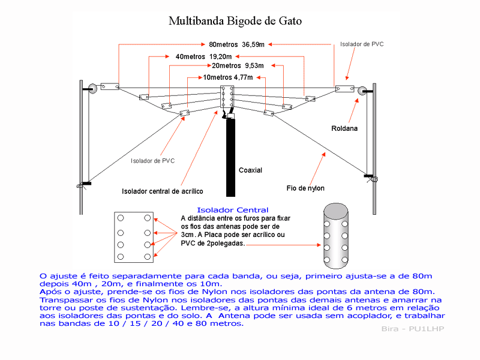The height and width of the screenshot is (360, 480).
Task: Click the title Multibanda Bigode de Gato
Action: (x=235, y=21)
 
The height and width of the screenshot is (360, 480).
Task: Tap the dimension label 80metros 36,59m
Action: (x=236, y=44)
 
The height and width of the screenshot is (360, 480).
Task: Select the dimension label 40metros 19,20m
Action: (x=203, y=56)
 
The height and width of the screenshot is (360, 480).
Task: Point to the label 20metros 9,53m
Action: (x=238, y=65)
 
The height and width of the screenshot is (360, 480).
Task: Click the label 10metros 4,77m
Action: (x=228, y=77)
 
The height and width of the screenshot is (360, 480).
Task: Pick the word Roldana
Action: (x=344, y=128)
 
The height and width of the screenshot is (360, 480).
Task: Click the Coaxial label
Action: (x=250, y=170)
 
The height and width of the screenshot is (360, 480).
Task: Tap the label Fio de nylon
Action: (x=305, y=188)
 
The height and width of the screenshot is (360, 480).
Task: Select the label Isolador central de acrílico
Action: (x=162, y=191)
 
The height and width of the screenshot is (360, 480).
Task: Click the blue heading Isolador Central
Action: (x=233, y=210)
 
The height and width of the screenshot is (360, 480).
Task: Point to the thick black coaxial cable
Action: (x=231, y=158)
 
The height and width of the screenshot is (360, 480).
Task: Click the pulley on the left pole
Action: (x=92, y=89)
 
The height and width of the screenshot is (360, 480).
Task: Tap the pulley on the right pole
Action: (x=362, y=91)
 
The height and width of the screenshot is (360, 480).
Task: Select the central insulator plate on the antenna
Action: (x=227, y=97)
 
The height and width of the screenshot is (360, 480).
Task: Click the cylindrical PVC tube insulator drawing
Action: (x=336, y=236)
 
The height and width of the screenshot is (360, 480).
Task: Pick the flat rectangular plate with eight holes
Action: (x=134, y=237)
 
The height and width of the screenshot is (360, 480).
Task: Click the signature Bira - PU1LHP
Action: (x=413, y=329)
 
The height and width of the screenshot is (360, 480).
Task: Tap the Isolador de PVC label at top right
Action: (x=362, y=44)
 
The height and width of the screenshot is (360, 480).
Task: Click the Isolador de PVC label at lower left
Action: (x=153, y=161)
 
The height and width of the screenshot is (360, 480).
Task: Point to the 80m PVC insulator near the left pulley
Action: (x=110, y=86)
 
